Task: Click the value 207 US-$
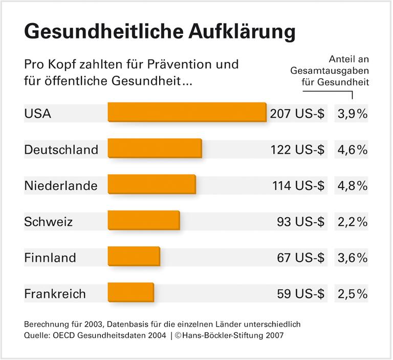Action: (297, 114)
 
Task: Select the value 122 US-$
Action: (297, 150)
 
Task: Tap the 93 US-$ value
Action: (301, 222)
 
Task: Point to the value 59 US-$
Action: (301, 294)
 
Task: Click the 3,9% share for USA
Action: (353, 114)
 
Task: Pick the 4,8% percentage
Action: (353, 185)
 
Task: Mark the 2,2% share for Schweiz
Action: (353, 222)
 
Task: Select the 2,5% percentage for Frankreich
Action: (353, 294)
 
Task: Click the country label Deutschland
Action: (61, 150)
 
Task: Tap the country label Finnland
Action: (50, 258)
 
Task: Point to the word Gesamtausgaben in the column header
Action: (330, 70)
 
